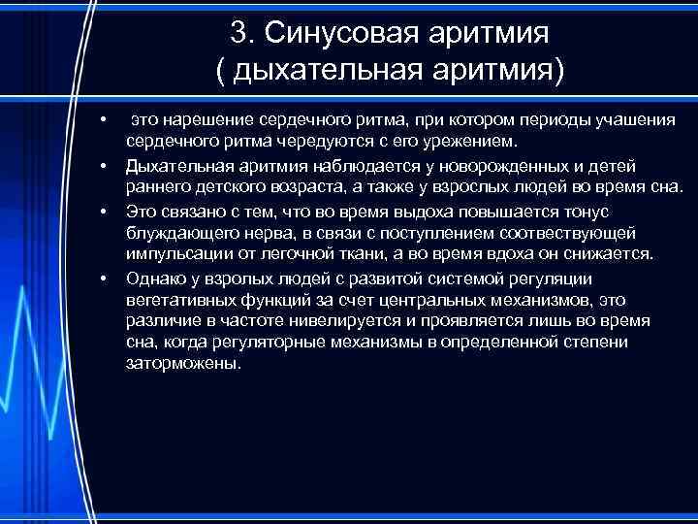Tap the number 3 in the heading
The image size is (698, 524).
click(238, 32)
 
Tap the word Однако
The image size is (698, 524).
click(152, 278)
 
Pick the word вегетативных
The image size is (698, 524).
click(176, 300)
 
